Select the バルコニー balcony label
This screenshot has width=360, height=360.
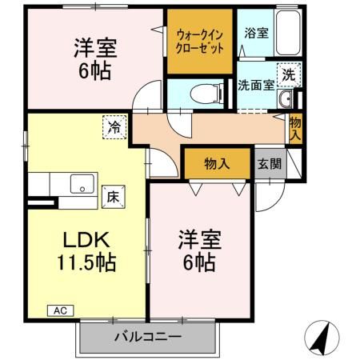[x=146, y=337]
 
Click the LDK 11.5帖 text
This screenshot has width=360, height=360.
[x=86, y=250]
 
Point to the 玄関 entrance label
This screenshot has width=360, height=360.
[x=269, y=164]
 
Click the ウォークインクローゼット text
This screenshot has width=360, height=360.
[x=199, y=42]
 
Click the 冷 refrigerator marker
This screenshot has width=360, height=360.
[x=114, y=126]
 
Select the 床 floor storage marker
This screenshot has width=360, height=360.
[x=113, y=194]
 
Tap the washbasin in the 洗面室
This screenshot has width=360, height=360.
[x=286, y=99]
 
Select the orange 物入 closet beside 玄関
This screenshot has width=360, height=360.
[x=217, y=164]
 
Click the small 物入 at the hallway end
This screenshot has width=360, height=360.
[x=295, y=127]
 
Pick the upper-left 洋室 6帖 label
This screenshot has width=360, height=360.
[x=95, y=58]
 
